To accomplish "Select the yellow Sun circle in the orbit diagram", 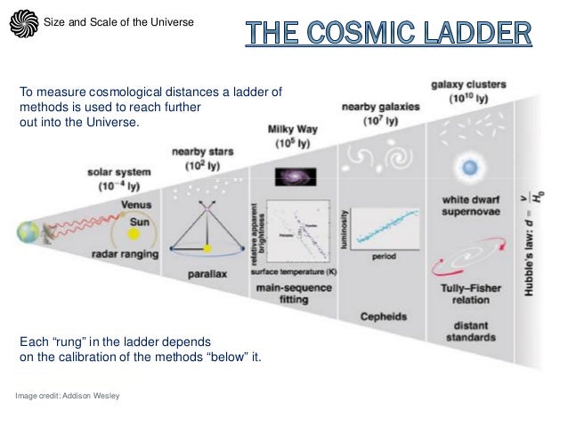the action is (135, 235).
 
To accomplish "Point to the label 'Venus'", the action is (135, 204).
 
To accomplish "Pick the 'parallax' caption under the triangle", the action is (207, 277).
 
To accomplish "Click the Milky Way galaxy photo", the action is (292, 176).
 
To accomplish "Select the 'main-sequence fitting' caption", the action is (294, 294).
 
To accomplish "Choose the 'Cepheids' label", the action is (384, 316).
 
